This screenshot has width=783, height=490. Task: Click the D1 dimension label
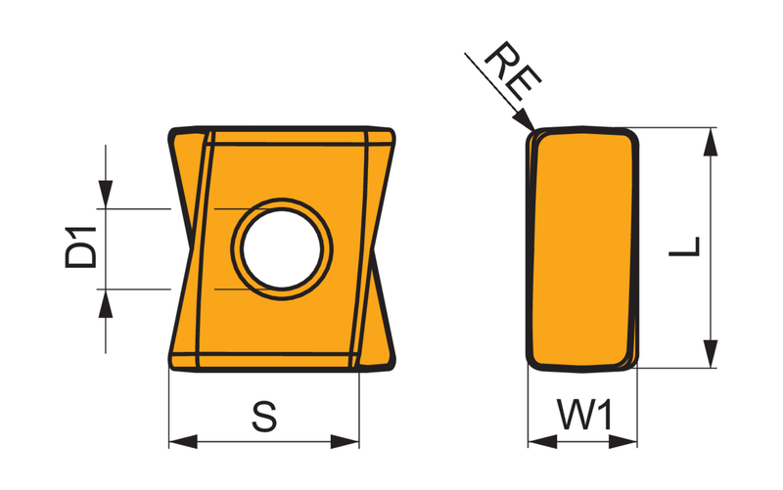tap(80, 247)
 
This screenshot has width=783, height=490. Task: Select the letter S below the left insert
tap(264, 417)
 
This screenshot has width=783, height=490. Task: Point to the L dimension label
tap(684, 247)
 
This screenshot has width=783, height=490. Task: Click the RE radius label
tap(513, 70)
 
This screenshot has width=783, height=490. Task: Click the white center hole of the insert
tap(282, 249)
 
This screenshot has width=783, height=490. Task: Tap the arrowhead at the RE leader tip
tap(525, 118)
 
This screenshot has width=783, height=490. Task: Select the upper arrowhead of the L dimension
tap(711, 142)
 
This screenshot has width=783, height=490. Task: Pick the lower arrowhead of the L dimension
tap(711, 354)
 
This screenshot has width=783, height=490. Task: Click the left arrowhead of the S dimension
tap(183, 442)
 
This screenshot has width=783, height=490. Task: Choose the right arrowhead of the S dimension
tap(345, 442)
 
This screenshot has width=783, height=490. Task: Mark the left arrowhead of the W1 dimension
tap(542, 442)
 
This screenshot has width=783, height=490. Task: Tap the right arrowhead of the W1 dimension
tap(623, 442)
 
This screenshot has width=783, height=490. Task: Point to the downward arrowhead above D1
tap(106, 195)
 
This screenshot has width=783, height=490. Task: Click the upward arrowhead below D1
tap(106, 303)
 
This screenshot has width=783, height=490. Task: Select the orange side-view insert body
tap(582, 249)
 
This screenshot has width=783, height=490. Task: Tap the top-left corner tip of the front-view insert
tap(171, 131)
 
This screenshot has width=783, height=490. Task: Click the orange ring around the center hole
tap(282, 204)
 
